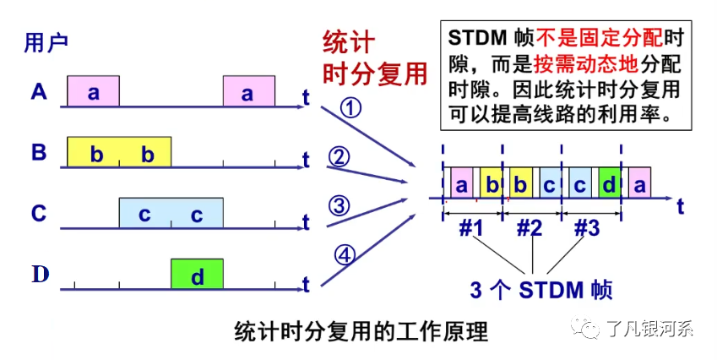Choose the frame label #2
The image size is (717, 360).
click(530, 229)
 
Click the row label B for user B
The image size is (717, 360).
click(38, 153)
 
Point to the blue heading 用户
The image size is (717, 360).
click(46, 41)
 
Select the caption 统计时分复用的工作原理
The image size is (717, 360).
click(361, 330)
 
